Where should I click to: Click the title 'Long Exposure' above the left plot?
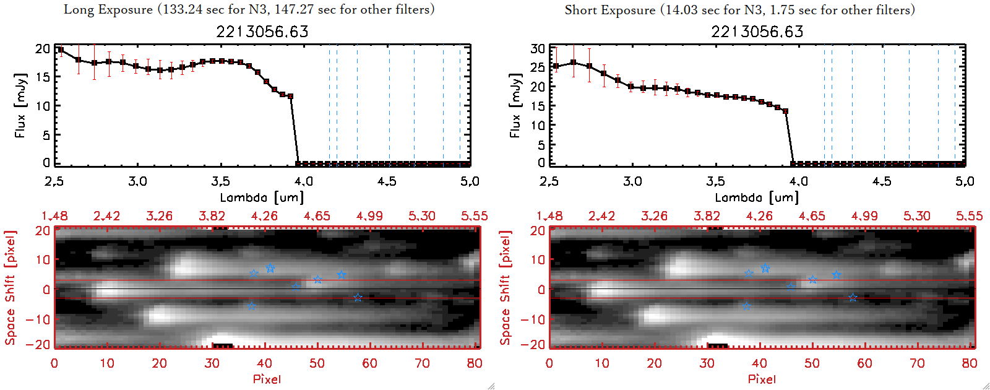coord(108,9)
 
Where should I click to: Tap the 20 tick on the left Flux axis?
coord(43,48)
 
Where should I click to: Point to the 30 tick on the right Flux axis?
coord(538,48)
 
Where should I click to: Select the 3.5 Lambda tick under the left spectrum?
coord(220,181)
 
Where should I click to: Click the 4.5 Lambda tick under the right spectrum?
coord(882,181)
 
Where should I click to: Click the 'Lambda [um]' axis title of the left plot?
coord(262,197)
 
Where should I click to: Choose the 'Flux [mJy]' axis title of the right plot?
coord(515,105)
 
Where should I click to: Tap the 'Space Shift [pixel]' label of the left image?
coord(11,288)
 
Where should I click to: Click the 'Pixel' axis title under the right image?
coord(762,379)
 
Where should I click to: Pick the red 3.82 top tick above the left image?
coord(212,216)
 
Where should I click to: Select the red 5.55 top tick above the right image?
coord(969,216)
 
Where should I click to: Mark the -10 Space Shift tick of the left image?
coord(38,319)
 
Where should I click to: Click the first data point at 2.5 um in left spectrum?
coord(61,50)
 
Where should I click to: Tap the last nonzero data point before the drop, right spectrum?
coord(785,111)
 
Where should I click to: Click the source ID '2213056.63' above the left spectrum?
coord(262,32)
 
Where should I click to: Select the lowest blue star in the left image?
coord(251,306)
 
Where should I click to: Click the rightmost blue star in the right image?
coord(853,298)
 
